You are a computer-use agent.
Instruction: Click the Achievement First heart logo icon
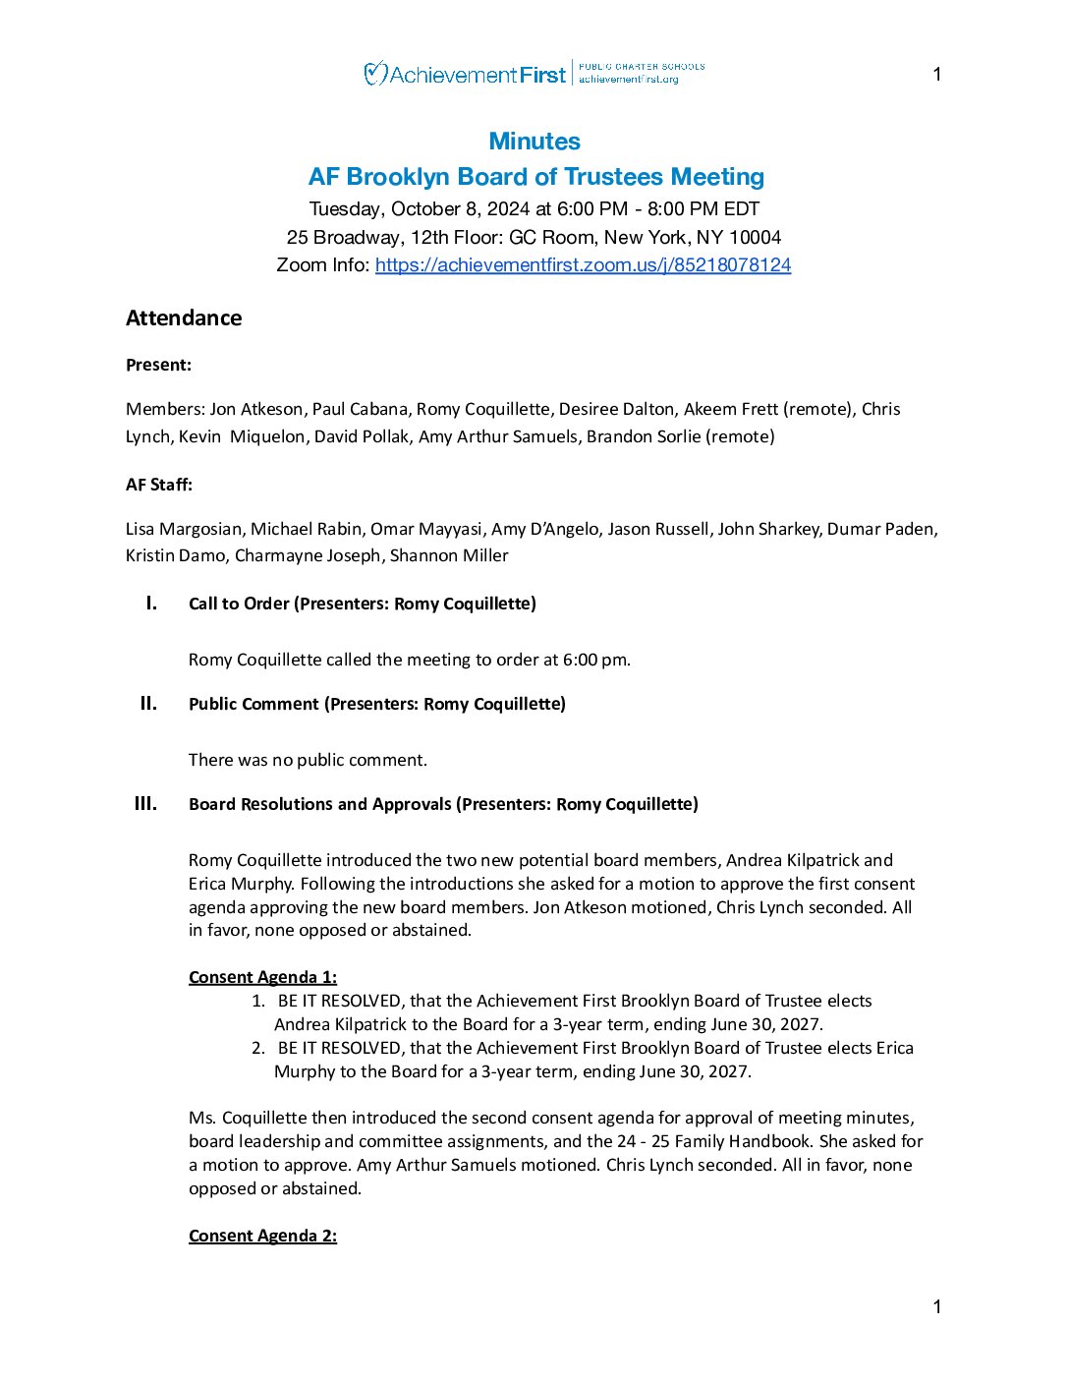pyautogui.click(x=374, y=74)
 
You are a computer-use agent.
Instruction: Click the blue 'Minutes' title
pyautogui.click(x=534, y=142)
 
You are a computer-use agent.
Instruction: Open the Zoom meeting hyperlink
pyautogui.click(x=583, y=265)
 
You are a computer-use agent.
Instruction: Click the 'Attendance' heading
pyautogui.click(x=184, y=318)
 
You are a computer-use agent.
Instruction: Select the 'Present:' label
pyautogui.click(x=158, y=365)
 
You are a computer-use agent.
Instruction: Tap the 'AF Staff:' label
pyautogui.click(x=159, y=485)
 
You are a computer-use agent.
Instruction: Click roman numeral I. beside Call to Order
pyautogui.click(x=151, y=604)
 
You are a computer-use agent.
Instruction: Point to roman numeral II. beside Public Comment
pyautogui.click(x=148, y=704)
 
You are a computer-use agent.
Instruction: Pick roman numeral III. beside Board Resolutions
pyautogui.click(x=145, y=804)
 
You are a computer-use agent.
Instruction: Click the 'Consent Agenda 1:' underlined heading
pyautogui.click(x=262, y=977)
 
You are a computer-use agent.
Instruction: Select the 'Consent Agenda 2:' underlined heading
pyautogui.click(x=262, y=1236)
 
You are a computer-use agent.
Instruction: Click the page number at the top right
pyautogui.click(x=937, y=75)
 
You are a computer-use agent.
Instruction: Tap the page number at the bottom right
pyautogui.click(x=937, y=1306)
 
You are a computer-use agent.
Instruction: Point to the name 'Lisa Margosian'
pyautogui.click(x=183, y=529)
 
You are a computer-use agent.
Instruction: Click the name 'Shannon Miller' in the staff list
pyautogui.click(x=449, y=555)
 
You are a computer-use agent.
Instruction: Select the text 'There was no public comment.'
pyautogui.click(x=308, y=760)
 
